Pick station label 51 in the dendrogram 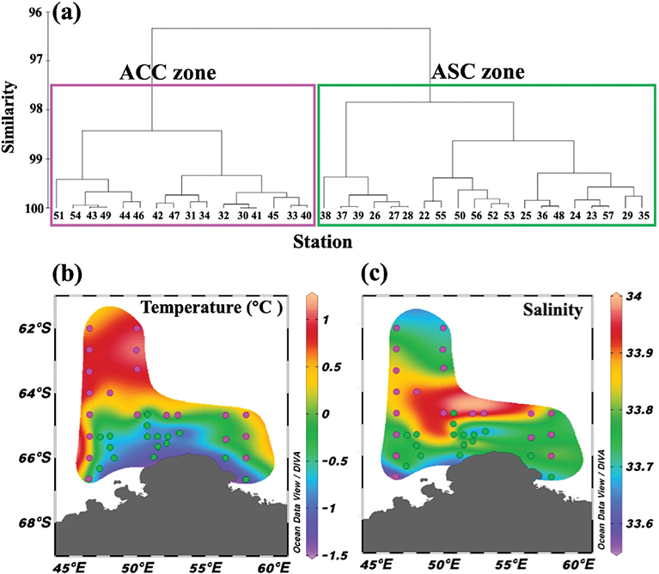click(58, 216)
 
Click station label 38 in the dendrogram click(326, 216)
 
